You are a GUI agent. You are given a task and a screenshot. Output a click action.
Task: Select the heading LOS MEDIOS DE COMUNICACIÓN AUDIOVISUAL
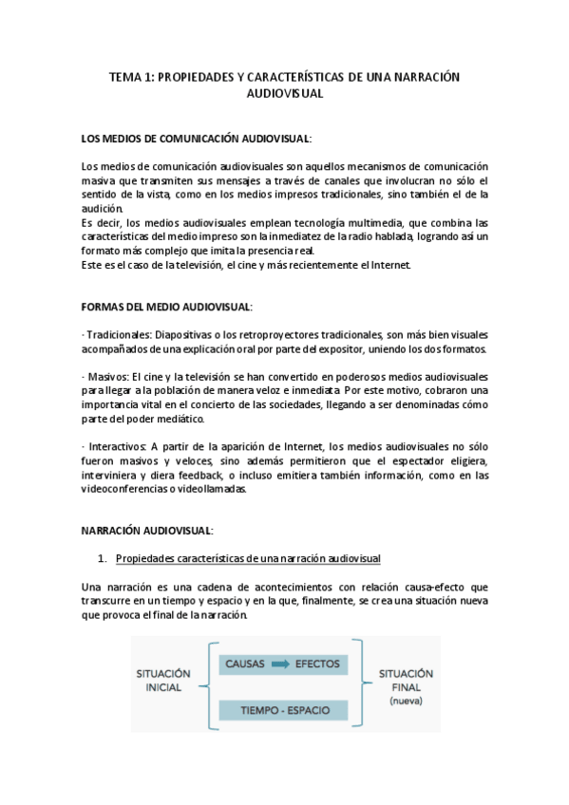pyautogui.click(x=196, y=140)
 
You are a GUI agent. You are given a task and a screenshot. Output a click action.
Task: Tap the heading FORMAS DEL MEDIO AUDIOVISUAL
pyautogui.click(x=166, y=307)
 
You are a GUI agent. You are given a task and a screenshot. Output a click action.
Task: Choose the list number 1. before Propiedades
pyautogui.click(x=104, y=556)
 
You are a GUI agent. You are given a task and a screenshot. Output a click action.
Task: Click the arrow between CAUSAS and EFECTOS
pyautogui.click(x=278, y=664)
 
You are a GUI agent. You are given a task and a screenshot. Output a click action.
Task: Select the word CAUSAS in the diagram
pyautogui.click(x=244, y=664)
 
